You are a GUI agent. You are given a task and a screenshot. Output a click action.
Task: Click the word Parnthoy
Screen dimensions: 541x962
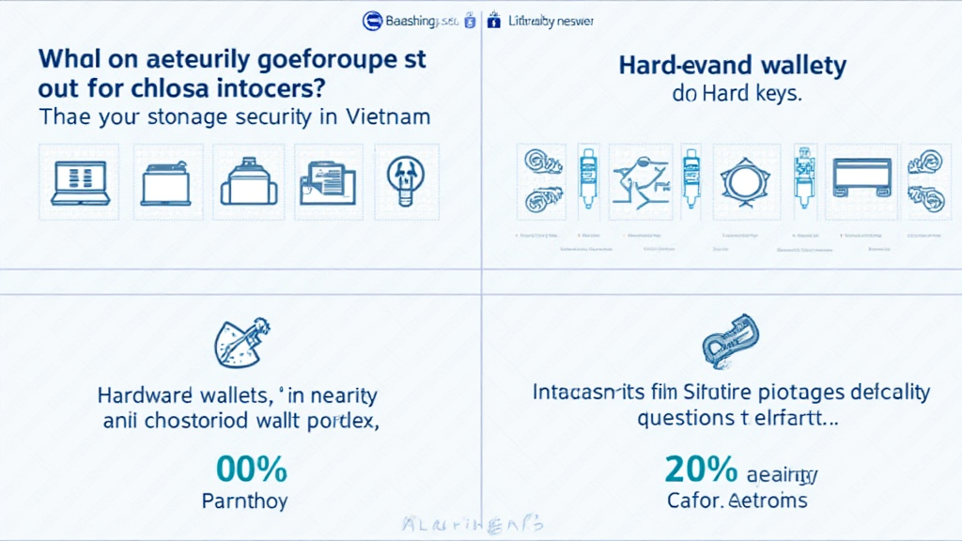(245, 500)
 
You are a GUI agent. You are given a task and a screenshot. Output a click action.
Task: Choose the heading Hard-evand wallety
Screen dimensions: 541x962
(733, 66)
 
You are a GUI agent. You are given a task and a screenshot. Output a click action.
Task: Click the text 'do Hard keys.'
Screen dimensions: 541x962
(733, 94)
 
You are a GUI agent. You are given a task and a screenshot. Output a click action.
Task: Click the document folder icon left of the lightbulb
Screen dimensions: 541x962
(327, 181)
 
